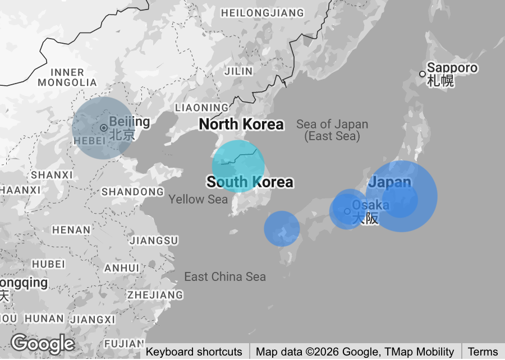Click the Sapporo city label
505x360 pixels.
(x=452, y=68)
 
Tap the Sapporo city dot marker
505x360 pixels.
(x=423, y=74)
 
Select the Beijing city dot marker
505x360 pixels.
(x=104, y=128)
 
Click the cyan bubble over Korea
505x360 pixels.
(x=238, y=167)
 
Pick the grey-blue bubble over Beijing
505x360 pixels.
(x=102, y=128)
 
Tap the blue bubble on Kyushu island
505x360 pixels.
(x=282, y=229)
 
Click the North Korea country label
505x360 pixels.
(x=241, y=124)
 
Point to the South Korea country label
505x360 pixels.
(x=250, y=182)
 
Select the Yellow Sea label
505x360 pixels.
(x=198, y=199)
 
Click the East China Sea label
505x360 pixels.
(x=225, y=276)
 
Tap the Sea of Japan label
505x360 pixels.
(x=332, y=130)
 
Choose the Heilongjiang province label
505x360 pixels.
(x=263, y=12)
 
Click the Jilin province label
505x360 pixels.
(x=238, y=71)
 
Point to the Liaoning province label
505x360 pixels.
(x=202, y=107)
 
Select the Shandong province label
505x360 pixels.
(x=132, y=192)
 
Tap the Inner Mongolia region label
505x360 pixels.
(x=68, y=77)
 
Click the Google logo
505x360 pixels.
(x=43, y=343)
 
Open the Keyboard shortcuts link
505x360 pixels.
(x=194, y=352)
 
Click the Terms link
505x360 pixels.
(x=483, y=352)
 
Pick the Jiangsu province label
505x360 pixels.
(x=154, y=241)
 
